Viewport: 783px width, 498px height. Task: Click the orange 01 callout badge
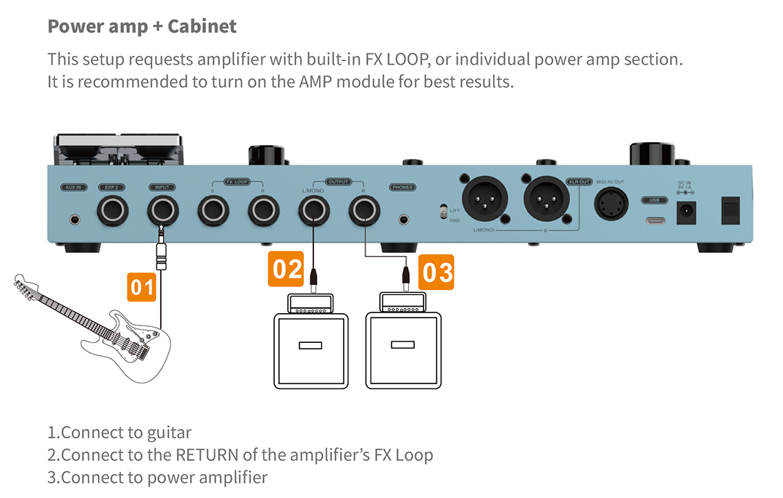coord(142,287)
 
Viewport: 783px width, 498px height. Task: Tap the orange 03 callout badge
coord(437,273)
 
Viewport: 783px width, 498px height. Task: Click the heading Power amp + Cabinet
coord(141,27)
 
